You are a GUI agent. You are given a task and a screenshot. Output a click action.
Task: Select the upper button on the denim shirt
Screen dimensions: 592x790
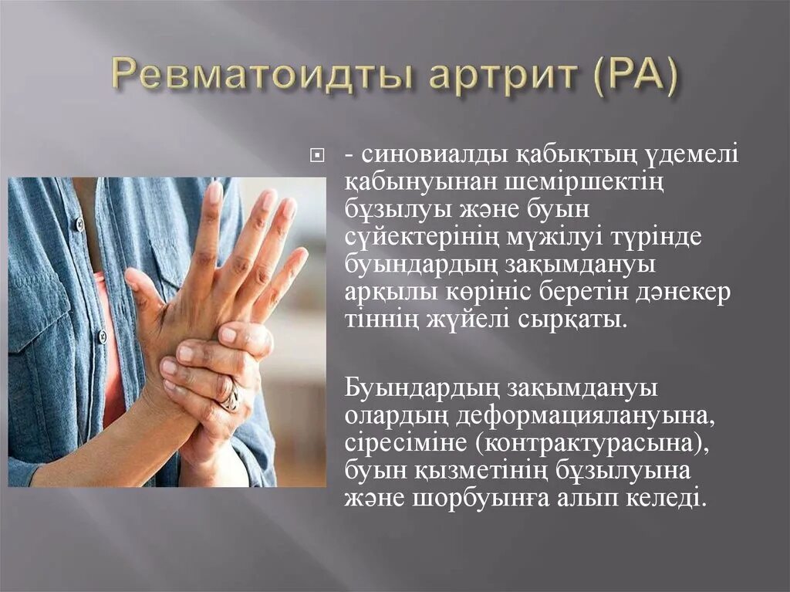coord(79,225)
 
